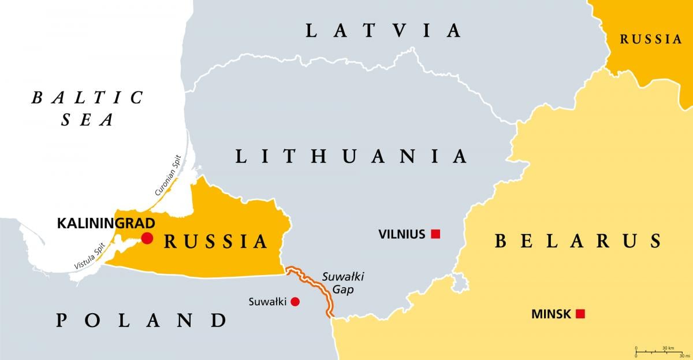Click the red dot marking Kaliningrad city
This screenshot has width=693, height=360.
(x=147, y=238)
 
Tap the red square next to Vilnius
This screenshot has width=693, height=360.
(x=436, y=234)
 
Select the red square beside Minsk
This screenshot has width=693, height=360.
(x=580, y=314)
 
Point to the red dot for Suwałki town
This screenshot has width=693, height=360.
(x=295, y=301)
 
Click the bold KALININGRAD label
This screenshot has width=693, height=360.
(x=106, y=222)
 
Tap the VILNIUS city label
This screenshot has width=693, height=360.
(x=402, y=234)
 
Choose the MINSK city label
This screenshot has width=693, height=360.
(x=551, y=314)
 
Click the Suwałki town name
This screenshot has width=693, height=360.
(x=267, y=301)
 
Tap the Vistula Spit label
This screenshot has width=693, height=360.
(x=90, y=257)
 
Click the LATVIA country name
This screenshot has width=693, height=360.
(x=383, y=30)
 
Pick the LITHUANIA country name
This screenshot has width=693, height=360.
(x=351, y=155)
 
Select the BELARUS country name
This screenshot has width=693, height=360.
(x=577, y=240)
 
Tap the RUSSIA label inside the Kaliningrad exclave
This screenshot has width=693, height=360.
(x=216, y=241)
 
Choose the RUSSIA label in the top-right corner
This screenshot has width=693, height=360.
(x=651, y=39)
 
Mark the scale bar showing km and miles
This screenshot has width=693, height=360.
(x=658, y=350)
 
